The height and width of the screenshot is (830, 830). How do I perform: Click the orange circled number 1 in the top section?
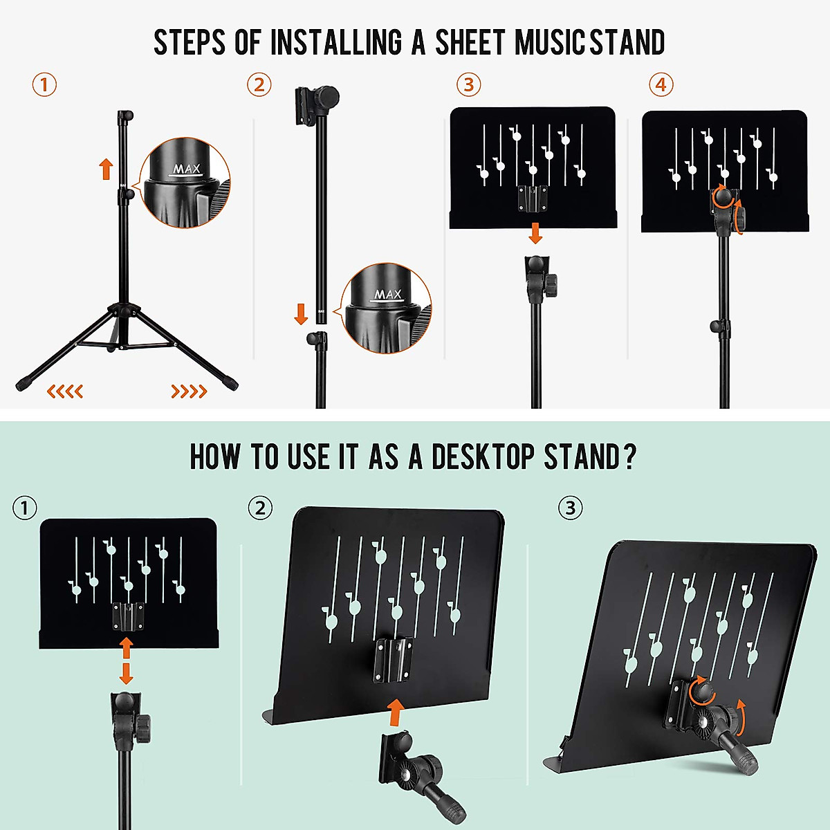tap(44, 85)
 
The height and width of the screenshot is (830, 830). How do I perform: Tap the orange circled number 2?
tap(259, 85)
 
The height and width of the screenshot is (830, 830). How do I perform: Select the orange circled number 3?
tap(468, 85)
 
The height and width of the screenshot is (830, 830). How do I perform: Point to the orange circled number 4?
tap(661, 85)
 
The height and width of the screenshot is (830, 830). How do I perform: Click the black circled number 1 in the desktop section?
tap(25, 508)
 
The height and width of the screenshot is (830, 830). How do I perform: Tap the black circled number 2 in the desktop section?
tap(260, 508)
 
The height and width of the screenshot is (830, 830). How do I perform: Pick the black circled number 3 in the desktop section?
tap(570, 508)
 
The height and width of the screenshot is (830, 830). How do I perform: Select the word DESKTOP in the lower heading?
tap(483, 457)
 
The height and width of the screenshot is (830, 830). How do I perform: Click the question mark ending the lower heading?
tap(629, 457)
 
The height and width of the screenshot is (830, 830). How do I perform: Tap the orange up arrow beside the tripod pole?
tap(106, 168)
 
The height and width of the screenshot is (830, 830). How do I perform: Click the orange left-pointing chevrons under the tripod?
tap(65, 392)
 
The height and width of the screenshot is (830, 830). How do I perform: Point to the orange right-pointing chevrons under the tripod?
tap(189, 392)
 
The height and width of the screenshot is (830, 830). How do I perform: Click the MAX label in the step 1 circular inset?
tap(186, 169)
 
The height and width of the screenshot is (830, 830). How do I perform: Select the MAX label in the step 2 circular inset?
tap(388, 295)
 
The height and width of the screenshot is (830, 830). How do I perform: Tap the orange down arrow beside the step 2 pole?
tap(301, 313)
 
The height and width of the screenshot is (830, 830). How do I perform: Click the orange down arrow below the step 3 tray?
tap(535, 233)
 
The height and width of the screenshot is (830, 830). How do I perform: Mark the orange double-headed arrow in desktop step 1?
tap(126, 661)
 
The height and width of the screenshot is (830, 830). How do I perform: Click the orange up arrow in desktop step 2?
tap(396, 710)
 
